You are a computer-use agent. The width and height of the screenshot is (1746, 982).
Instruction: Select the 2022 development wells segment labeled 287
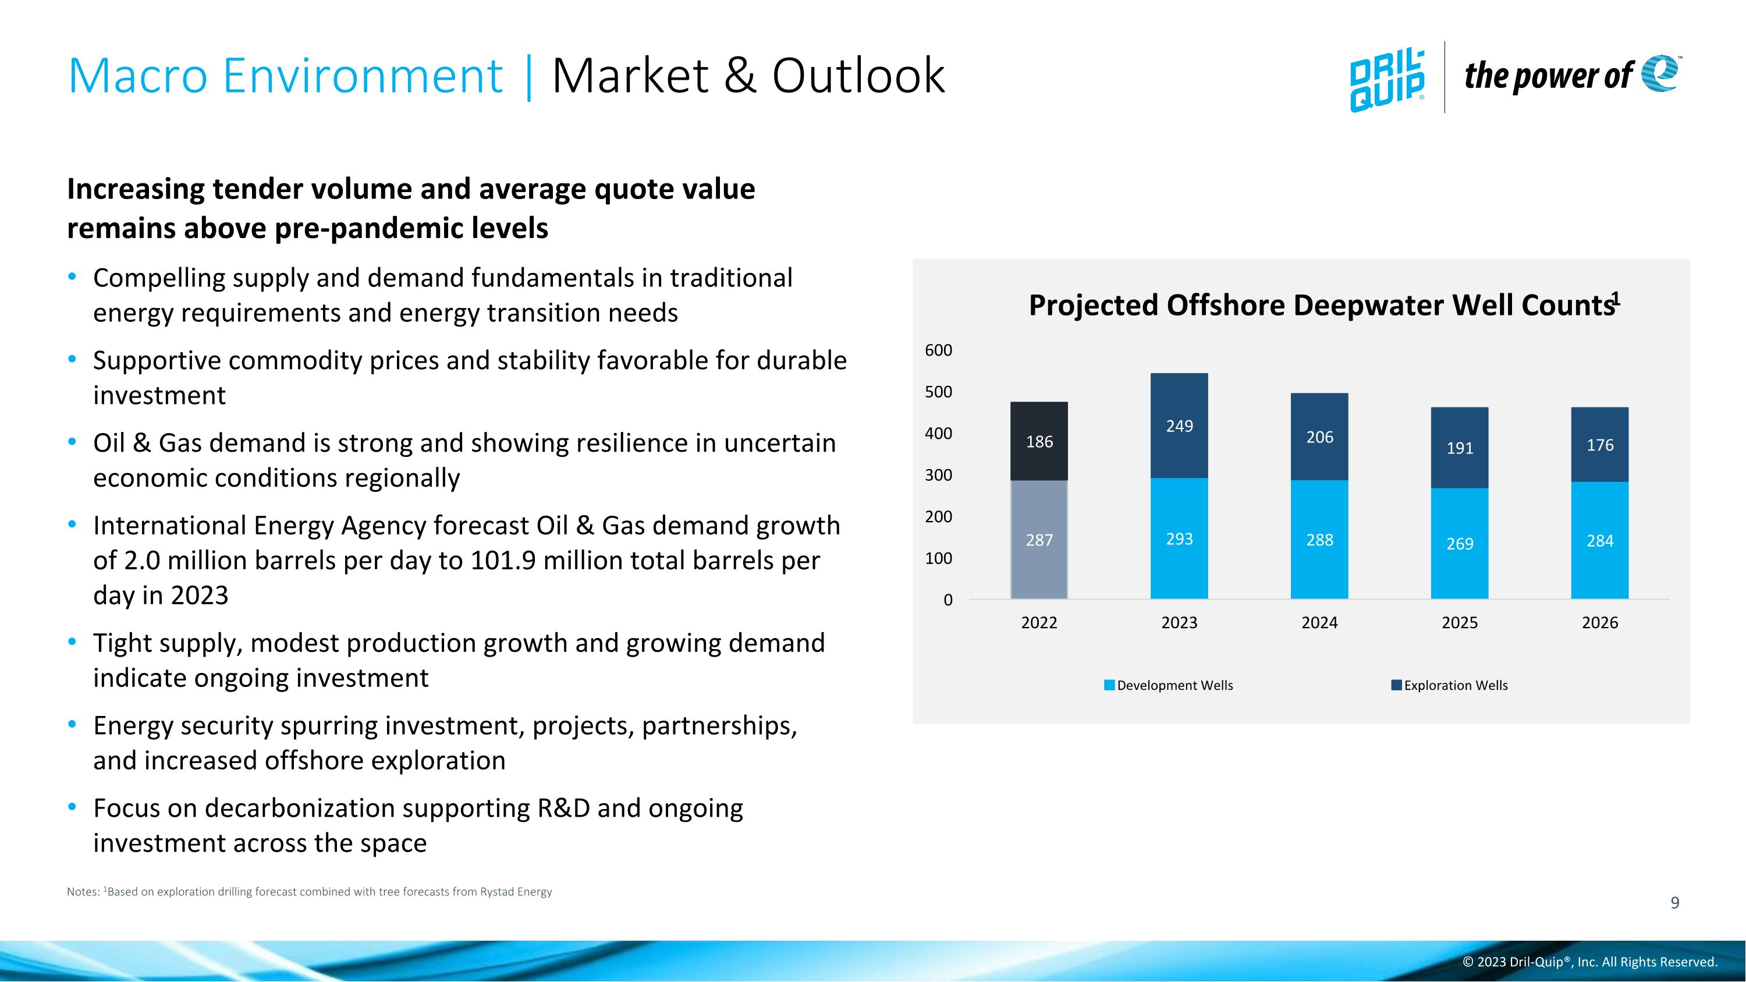click(1039, 540)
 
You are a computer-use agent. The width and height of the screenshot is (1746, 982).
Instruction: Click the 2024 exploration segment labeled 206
click(1319, 437)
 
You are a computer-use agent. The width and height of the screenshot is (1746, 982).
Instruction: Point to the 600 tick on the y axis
click(938, 350)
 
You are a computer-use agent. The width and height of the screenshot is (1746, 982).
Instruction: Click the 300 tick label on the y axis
click(938, 475)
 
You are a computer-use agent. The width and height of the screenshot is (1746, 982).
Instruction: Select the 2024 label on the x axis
click(1319, 622)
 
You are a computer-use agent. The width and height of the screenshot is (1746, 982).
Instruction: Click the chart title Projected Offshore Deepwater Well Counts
click(1322, 305)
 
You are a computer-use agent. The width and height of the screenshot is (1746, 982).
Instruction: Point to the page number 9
click(1675, 903)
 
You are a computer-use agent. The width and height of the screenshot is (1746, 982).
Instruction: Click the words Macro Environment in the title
click(285, 75)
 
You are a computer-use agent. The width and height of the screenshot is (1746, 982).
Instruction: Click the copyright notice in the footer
click(1589, 962)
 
